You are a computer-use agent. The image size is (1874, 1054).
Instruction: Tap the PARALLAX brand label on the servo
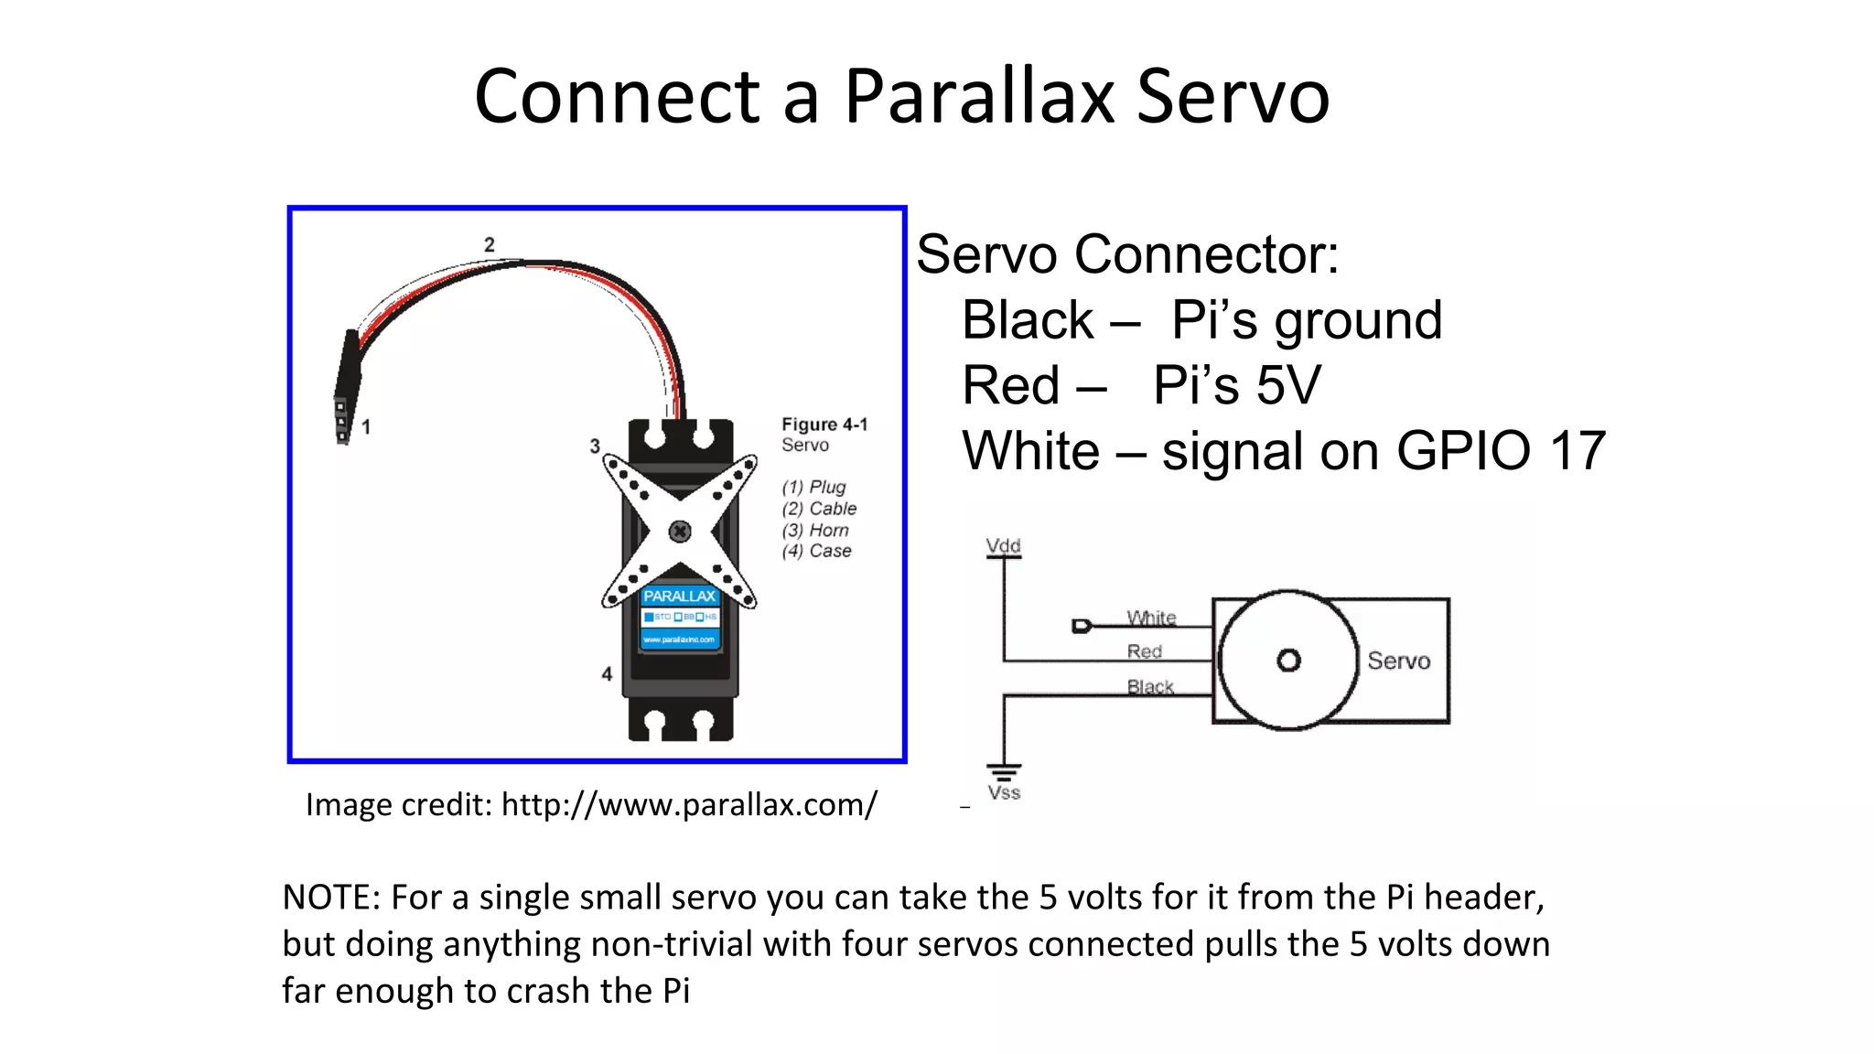click(679, 597)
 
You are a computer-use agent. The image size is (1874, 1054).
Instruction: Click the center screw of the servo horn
click(680, 532)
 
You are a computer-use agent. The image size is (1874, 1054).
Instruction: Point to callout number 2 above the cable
click(490, 244)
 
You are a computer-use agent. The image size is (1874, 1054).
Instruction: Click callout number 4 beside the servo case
click(607, 674)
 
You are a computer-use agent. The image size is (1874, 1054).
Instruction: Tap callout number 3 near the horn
click(595, 446)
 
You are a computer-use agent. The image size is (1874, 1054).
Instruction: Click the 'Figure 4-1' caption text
click(824, 425)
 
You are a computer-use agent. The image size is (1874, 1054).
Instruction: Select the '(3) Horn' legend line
click(815, 531)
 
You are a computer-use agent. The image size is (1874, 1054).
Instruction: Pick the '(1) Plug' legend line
click(813, 488)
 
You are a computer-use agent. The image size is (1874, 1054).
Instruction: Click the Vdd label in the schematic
click(1003, 546)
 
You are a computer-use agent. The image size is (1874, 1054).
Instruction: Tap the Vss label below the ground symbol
click(1004, 793)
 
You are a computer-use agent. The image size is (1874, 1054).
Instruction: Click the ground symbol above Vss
click(1004, 771)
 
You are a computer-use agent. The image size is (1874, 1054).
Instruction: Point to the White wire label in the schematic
click(1151, 618)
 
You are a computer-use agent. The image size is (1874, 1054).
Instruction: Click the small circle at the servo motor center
click(1288, 661)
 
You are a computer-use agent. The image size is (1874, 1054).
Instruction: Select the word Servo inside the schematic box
click(1398, 661)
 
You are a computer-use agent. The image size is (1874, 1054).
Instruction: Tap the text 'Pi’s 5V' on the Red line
click(1237, 385)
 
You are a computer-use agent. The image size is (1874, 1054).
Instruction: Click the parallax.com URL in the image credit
click(689, 805)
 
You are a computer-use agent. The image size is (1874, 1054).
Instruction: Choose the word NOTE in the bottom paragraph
click(330, 898)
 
